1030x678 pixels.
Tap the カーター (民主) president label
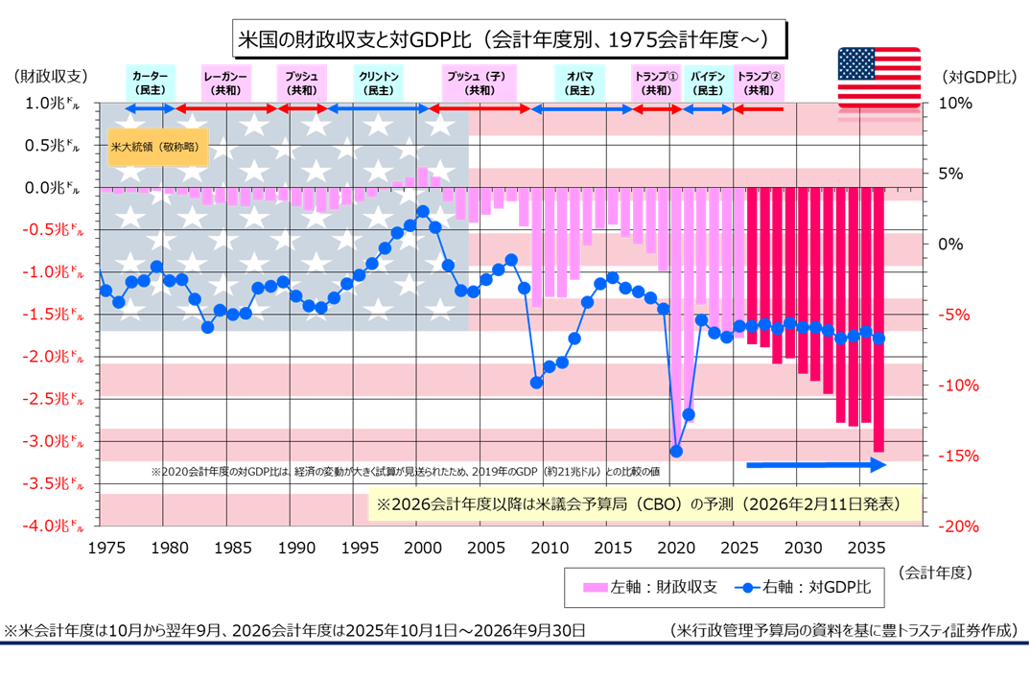click(149, 82)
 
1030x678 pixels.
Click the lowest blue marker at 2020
click(676, 451)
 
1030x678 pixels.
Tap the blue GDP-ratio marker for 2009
click(536, 382)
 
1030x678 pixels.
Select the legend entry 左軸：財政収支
click(650, 588)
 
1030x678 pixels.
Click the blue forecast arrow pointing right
click(816, 465)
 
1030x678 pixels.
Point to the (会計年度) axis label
click(936, 573)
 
